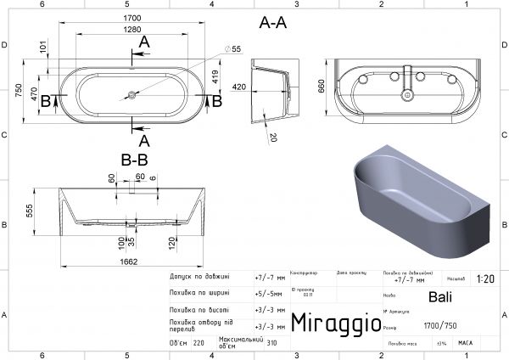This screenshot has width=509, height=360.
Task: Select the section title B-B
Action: point(136,158)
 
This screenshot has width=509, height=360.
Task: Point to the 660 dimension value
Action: point(322,87)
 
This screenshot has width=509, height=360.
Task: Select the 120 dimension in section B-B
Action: point(173,242)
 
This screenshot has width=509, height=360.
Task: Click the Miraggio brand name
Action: point(335,322)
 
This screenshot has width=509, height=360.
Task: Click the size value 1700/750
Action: point(439,325)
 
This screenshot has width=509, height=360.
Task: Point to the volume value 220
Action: point(199,344)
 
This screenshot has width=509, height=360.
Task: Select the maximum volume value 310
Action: point(272,344)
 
